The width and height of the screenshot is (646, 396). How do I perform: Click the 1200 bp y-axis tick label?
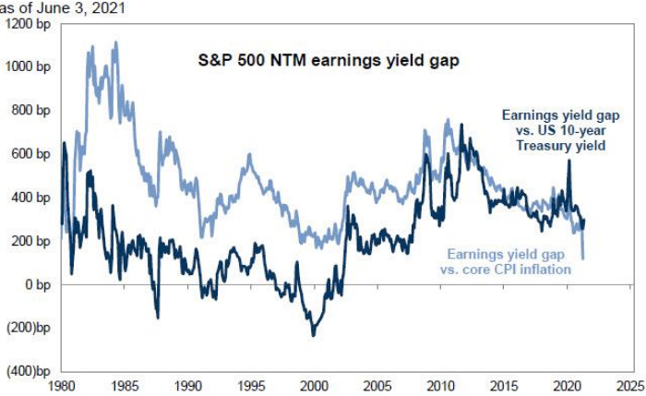(31, 23)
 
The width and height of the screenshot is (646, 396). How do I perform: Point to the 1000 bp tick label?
(31, 66)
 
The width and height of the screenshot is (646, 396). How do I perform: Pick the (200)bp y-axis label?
(29, 327)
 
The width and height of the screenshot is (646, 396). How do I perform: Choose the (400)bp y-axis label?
(29, 370)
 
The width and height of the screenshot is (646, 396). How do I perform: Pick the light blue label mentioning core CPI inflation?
(509, 261)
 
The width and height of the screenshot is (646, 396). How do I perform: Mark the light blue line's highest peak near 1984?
(114, 42)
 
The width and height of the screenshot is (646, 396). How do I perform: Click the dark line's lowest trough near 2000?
(313, 334)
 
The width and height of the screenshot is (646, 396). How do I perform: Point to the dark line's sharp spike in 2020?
(568, 162)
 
